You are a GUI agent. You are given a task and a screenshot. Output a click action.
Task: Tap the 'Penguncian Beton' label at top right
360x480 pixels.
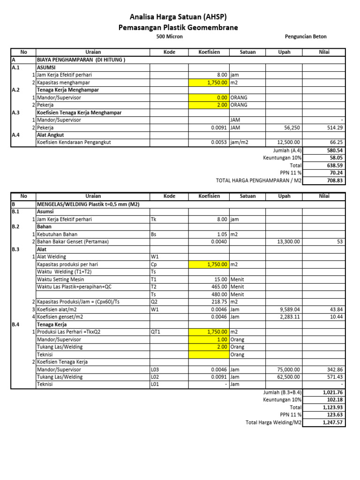click(x=306, y=37)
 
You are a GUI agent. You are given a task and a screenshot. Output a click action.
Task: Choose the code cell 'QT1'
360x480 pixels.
click(x=155, y=332)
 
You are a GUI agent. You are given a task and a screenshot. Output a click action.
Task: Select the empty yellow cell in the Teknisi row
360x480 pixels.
click(x=209, y=355)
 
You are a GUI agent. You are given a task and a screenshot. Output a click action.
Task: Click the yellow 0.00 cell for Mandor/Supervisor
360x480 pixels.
click(x=209, y=97)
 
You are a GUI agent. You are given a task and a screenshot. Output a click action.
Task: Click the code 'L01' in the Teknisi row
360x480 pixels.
click(x=155, y=384)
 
